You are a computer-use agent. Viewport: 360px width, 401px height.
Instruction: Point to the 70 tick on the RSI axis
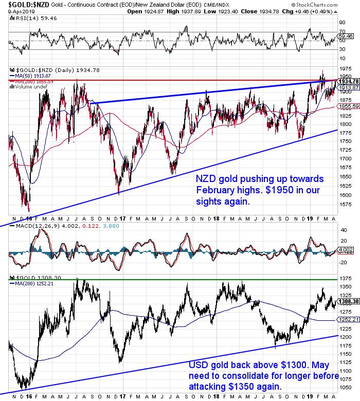point(341,32)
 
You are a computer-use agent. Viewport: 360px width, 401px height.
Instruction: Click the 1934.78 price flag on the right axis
point(348,81)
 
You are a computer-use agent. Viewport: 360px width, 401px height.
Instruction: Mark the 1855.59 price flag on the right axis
point(348,106)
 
